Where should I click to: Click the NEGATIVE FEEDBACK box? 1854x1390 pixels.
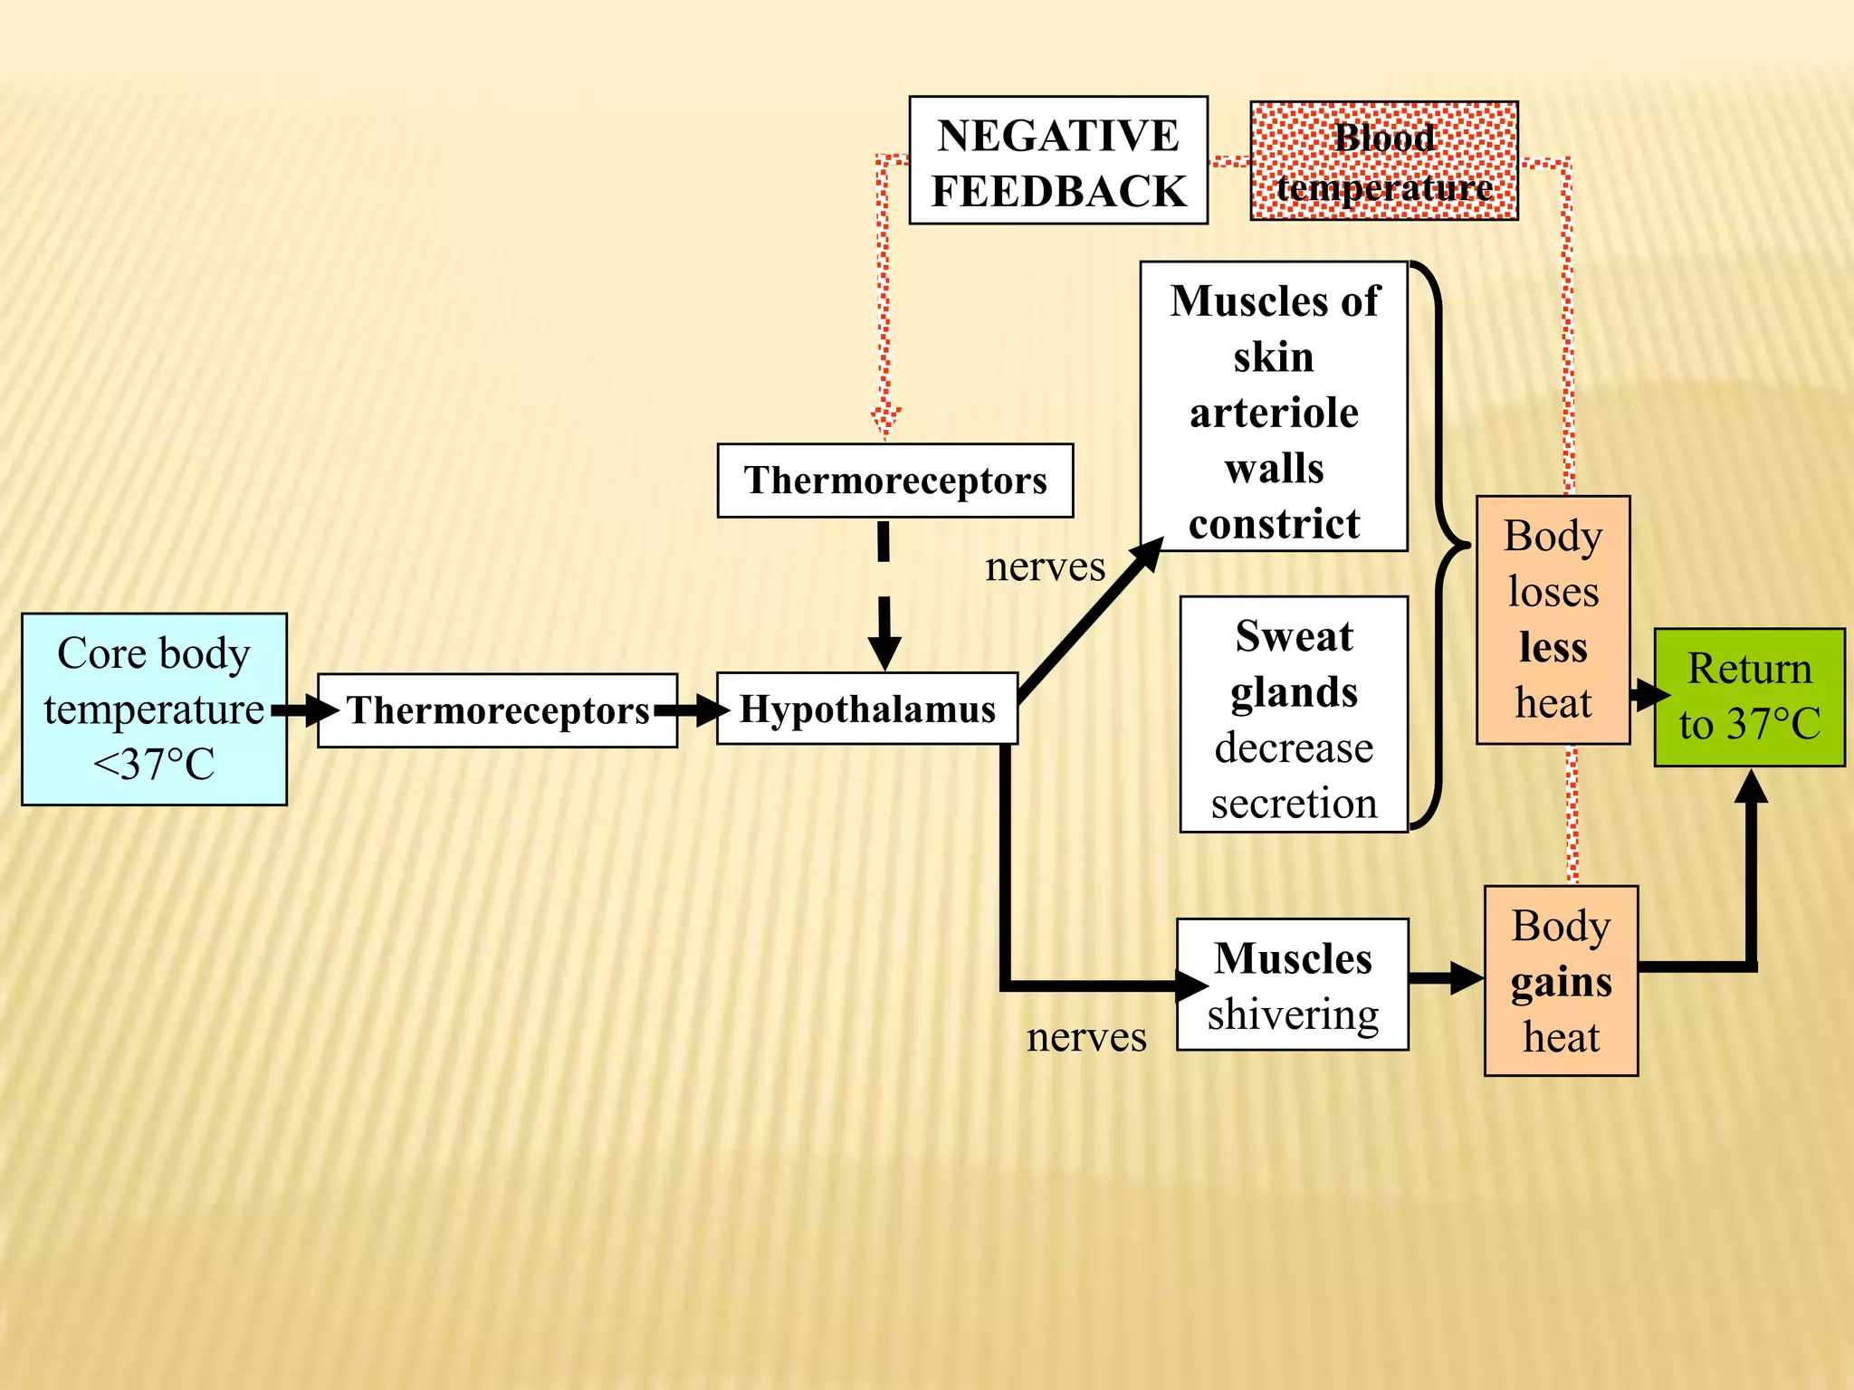point(1057,160)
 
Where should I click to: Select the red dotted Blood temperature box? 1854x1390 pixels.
point(1383,161)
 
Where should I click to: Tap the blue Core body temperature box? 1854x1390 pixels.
point(154,709)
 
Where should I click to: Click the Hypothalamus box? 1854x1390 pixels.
point(866,709)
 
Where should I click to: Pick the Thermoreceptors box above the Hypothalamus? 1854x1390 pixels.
point(894,481)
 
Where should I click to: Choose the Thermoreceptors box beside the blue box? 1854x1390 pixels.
point(497,710)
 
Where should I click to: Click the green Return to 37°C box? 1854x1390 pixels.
point(1748,697)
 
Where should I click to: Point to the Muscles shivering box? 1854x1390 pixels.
point(1292,985)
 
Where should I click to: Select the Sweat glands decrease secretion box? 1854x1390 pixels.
point(1294,714)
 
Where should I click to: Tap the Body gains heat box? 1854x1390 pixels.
point(1561,981)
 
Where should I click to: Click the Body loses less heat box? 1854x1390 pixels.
point(1553,620)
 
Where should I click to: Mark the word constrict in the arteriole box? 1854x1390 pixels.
point(1274,524)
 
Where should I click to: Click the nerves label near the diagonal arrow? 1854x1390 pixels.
point(1045,567)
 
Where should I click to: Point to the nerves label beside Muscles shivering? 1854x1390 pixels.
point(1085,1037)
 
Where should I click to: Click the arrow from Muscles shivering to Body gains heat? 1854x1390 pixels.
point(1446,978)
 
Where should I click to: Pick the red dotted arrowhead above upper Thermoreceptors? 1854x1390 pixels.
point(885,422)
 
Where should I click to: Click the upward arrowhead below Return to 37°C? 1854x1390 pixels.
point(1752,787)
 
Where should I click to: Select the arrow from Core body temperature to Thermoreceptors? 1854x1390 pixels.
point(303,710)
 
